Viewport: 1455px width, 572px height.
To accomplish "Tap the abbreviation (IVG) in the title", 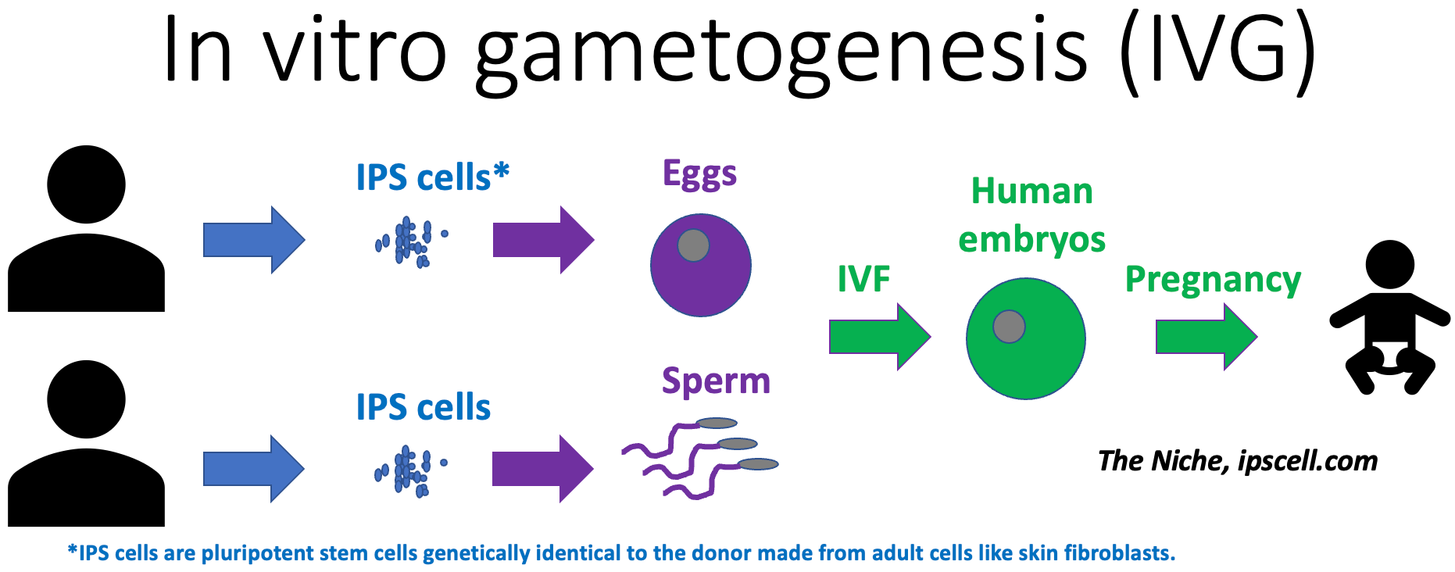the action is click(1217, 51).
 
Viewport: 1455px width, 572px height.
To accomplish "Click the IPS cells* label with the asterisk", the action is click(433, 177).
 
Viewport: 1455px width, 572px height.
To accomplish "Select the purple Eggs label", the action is click(699, 174).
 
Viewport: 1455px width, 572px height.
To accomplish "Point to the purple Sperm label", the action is click(716, 382).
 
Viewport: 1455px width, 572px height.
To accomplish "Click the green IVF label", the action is click(863, 279).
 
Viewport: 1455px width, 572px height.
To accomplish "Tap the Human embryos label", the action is click(1031, 216).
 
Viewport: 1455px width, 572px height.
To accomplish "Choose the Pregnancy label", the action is click(1213, 280).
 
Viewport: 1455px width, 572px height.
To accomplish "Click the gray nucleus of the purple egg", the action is click(693, 245).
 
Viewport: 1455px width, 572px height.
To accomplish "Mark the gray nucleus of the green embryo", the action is click(1009, 327).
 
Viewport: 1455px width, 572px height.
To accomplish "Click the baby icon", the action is click(1390, 317).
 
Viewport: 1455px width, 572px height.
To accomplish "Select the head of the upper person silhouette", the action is click(86, 184).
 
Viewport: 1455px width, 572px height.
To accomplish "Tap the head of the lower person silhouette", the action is click(86, 399).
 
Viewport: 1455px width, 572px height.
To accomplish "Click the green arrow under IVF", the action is click(880, 337).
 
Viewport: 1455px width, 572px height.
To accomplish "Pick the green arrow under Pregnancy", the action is click(1207, 337).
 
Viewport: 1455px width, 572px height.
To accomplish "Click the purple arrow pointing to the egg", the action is click(544, 240).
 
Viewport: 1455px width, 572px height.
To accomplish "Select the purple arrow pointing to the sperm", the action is click(543, 469).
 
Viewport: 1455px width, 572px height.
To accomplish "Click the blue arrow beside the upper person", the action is click(254, 240).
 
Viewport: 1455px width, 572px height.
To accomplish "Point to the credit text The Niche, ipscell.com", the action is click(1238, 461).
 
